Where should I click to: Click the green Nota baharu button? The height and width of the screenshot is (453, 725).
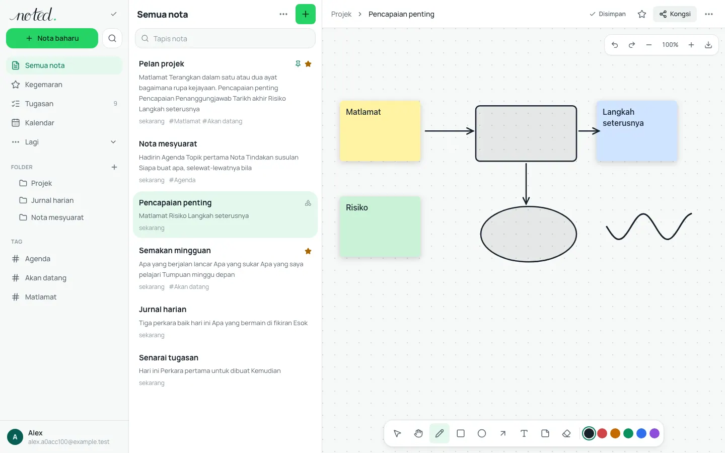point(52,38)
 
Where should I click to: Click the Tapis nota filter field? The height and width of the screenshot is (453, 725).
point(225,38)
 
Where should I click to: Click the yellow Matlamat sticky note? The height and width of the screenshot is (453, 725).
point(380,131)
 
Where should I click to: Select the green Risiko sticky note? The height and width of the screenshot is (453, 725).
point(380,226)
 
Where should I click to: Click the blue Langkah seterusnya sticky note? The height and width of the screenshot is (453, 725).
point(636,131)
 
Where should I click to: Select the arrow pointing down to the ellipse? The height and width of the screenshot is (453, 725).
point(526,184)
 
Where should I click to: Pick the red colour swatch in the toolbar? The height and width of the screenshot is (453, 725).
point(602,433)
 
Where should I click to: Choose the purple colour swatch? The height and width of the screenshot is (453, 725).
point(655,433)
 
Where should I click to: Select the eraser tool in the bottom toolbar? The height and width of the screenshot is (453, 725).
point(566,433)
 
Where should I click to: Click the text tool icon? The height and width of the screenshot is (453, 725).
point(524,433)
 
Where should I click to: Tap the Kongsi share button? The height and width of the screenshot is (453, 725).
point(675,14)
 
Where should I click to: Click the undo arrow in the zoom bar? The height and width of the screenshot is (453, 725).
point(615,45)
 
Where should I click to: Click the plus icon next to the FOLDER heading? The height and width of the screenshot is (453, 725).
point(114,167)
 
